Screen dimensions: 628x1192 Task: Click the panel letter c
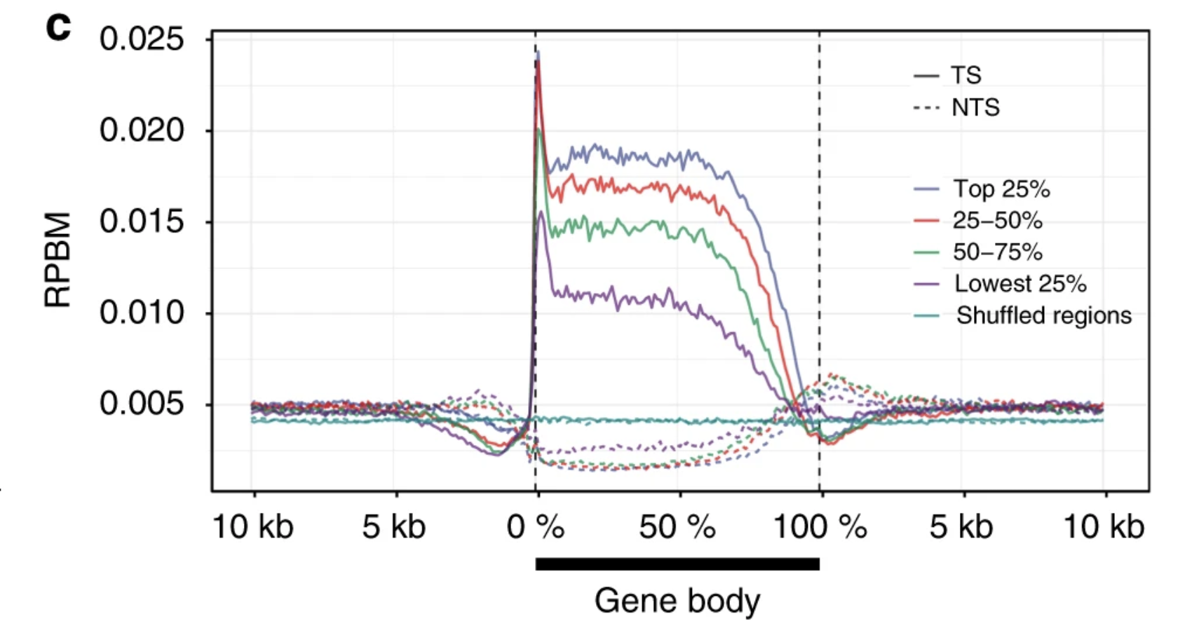click(58, 27)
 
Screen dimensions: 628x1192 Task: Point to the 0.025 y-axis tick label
click(142, 39)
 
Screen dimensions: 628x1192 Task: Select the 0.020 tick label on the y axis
click(142, 130)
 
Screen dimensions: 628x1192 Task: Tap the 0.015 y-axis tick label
click(142, 222)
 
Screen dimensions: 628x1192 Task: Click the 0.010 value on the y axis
click(142, 313)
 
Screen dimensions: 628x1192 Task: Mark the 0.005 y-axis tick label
click(142, 404)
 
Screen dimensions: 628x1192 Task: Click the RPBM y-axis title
click(57, 259)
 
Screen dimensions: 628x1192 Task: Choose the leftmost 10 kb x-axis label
click(252, 527)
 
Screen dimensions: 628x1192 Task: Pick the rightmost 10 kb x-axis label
click(1104, 527)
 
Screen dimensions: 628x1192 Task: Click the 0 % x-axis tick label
click(536, 527)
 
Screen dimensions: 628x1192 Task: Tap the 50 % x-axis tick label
click(677, 527)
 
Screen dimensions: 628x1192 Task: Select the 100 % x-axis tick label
click(820, 527)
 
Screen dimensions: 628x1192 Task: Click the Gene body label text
click(677, 601)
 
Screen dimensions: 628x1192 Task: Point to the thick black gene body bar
click(677, 564)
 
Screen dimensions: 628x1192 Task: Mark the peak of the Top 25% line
click(538, 52)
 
